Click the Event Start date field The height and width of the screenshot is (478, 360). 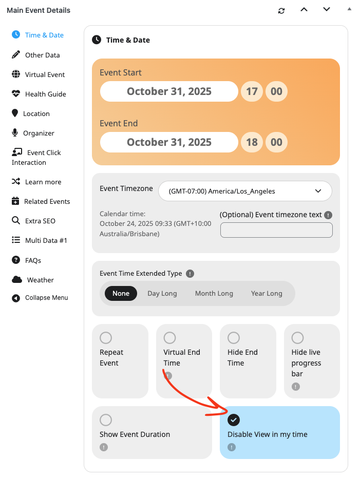pos(169,91)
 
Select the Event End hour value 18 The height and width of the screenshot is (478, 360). pos(252,142)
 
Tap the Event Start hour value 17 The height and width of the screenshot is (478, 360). pos(252,91)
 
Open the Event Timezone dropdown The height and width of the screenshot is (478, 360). pos(245,191)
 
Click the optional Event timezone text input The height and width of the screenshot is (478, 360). pos(276,230)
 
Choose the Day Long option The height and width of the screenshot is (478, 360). pos(162,293)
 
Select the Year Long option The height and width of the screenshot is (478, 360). pos(267,293)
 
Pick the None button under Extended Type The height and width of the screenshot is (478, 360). pos(121,293)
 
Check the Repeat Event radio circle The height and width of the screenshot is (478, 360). pos(106,338)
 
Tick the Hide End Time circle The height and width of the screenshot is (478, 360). pos(234,338)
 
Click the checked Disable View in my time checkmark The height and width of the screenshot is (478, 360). pos(234,420)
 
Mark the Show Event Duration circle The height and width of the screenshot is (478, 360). pos(106,420)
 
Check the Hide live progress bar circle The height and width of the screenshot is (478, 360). pos(297,338)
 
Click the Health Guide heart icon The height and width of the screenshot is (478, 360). pos(16,93)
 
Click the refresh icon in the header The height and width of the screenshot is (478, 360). pos(281,11)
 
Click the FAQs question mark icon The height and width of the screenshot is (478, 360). pos(16,260)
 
